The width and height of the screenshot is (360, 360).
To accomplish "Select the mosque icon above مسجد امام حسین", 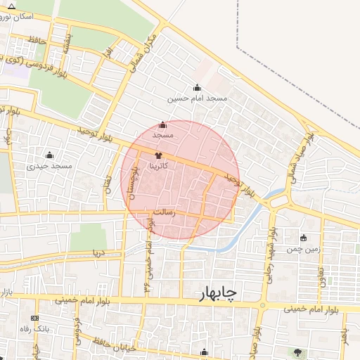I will point(197,88).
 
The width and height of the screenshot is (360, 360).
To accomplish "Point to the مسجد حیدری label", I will point(50,166).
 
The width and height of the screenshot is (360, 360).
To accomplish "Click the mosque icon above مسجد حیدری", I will point(49,155).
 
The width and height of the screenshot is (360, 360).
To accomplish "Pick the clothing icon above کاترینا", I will point(158,154).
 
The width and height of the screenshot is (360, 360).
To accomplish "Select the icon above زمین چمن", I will point(303,238).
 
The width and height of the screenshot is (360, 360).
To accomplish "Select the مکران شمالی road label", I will point(142,53).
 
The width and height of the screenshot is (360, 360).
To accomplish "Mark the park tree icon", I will point(300,352).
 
